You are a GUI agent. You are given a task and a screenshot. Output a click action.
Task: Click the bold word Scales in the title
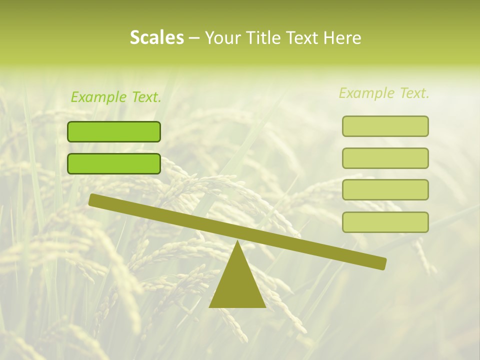click(x=156, y=38)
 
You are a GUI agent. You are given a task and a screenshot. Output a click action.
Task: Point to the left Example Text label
click(x=116, y=97)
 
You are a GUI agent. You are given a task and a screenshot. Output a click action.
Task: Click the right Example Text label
click(x=384, y=93)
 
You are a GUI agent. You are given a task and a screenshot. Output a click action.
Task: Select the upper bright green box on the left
click(x=114, y=131)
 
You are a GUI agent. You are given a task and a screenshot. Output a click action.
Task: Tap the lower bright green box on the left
click(x=114, y=163)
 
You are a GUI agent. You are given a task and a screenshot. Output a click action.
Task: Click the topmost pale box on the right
click(x=385, y=126)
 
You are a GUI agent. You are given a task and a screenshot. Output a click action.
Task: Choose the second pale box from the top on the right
click(x=385, y=158)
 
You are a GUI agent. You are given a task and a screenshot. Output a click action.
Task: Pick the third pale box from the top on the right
click(x=385, y=189)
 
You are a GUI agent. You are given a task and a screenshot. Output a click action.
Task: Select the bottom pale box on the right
click(x=385, y=222)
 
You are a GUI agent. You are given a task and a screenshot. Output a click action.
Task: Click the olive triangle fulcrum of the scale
click(x=237, y=285)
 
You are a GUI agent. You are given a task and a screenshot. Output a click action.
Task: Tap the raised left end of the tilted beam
click(x=93, y=199)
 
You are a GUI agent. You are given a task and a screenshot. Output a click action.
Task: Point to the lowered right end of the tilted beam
click(x=382, y=263)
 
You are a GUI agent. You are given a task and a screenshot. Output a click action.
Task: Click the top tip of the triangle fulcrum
click(x=237, y=241)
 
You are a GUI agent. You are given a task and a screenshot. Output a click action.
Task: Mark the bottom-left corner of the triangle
click(x=210, y=306)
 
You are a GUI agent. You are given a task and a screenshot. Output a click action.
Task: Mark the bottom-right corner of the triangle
click(x=265, y=306)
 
